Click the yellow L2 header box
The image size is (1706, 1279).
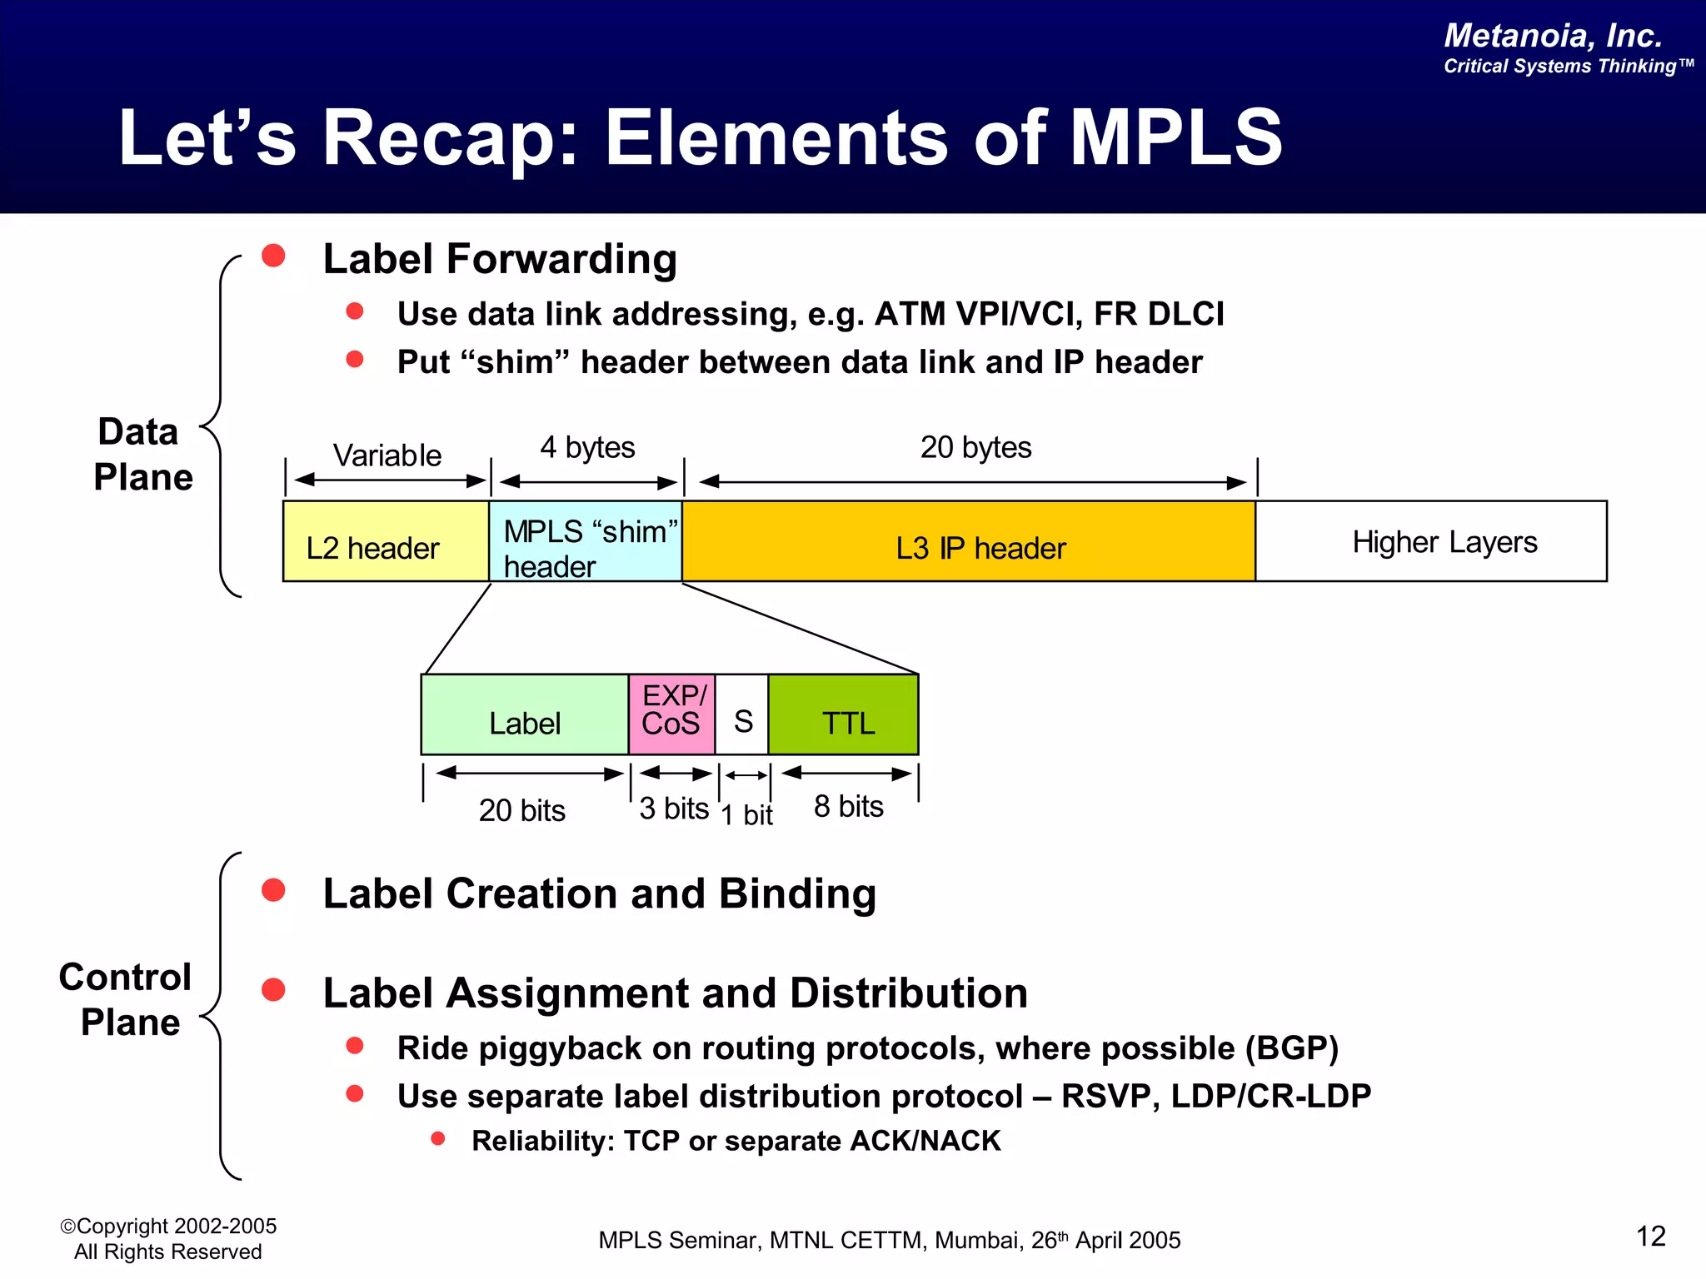point(386,541)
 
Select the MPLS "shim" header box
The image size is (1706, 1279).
point(586,541)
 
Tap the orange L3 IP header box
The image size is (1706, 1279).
point(969,541)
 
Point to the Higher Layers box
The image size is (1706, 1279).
point(1431,541)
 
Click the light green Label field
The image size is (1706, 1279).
point(525,714)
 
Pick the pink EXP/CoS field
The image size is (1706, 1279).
point(671,714)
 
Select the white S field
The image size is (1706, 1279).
point(742,714)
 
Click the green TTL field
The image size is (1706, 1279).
point(843,714)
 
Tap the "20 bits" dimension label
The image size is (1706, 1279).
point(521,810)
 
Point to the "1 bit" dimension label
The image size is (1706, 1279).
point(747,814)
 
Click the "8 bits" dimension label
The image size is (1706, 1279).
point(848,806)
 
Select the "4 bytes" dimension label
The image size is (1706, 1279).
point(587,447)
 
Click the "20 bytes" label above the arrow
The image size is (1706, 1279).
point(975,447)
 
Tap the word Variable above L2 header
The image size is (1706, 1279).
point(387,455)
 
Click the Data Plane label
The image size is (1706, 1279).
point(142,455)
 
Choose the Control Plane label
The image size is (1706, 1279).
point(127,999)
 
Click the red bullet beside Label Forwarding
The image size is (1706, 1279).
point(273,256)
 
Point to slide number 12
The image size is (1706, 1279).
point(1650,1237)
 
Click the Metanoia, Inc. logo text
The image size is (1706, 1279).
point(1553,36)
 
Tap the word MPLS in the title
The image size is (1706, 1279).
point(1175,137)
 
